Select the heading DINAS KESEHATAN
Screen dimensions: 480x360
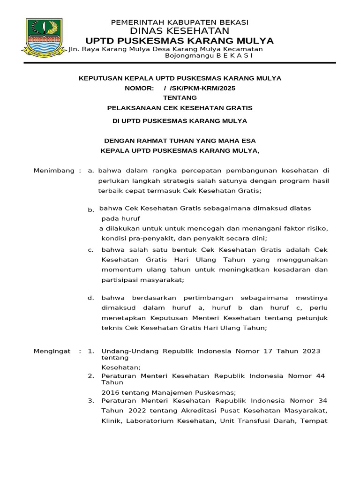point(180,31)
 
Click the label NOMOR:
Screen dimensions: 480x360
point(138,88)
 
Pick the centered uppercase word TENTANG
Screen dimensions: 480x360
point(180,98)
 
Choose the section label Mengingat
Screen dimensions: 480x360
point(52,351)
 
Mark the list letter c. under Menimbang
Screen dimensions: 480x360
point(91,250)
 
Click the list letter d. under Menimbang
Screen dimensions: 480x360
point(91,298)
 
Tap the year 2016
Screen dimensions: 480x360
point(111,392)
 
